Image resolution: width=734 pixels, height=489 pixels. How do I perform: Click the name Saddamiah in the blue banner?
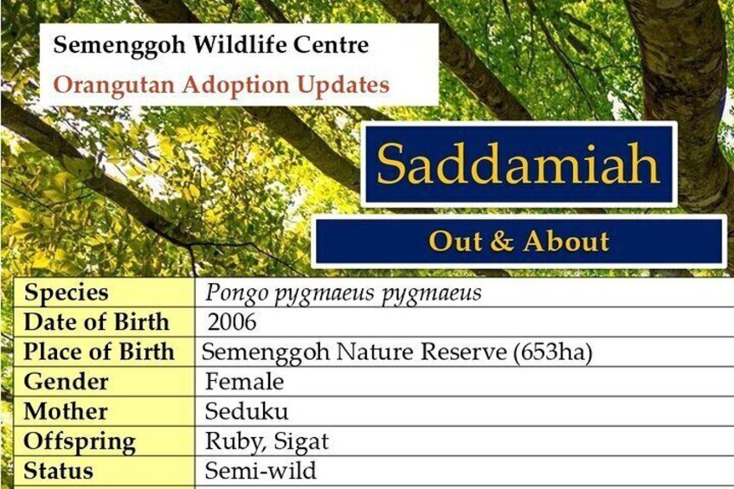coord(518,164)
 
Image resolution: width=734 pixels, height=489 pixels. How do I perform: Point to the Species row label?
coord(67,293)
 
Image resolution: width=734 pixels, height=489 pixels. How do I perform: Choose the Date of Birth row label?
coord(96,323)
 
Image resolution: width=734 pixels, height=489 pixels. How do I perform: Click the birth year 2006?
coord(232,323)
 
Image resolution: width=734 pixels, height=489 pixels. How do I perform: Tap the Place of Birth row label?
coord(99,352)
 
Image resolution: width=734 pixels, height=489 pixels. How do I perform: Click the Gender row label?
coord(66,382)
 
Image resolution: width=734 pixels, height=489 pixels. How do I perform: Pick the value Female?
coord(244,382)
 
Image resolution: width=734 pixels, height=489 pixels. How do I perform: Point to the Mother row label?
coord(66,412)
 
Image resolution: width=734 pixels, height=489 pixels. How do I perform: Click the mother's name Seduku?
coord(246,411)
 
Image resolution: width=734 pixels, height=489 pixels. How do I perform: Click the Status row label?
coord(59,471)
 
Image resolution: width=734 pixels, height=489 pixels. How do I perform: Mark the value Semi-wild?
coord(261,471)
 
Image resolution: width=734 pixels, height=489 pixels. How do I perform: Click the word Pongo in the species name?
coord(237,293)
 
